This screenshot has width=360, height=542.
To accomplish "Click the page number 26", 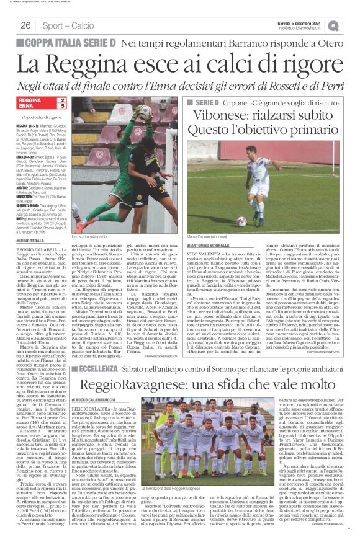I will pyautogui.click(x=26, y=25).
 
